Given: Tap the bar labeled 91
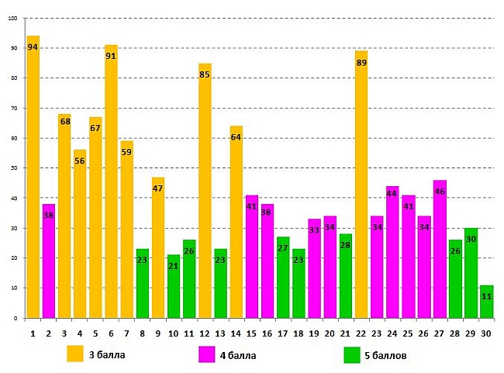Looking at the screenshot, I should (x=111, y=186).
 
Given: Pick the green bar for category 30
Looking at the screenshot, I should (x=486, y=302).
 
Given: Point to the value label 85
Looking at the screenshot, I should (x=205, y=75).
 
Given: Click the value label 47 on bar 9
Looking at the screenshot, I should (x=158, y=188).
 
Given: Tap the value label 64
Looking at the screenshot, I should (x=236, y=137).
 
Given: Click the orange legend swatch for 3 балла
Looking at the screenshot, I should (x=75, y=354).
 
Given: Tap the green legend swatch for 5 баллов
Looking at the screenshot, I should (x=353, y=354).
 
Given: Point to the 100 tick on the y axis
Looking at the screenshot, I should (x=12, y=19).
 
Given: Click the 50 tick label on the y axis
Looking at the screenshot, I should (x=14, y=168).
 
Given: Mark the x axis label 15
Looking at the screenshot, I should (x=251, y=333).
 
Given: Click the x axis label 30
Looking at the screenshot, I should (x=486, y=333).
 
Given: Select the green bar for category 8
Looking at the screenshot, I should (x=142, y=283).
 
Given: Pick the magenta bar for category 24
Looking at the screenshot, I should (x=392, y=252).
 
